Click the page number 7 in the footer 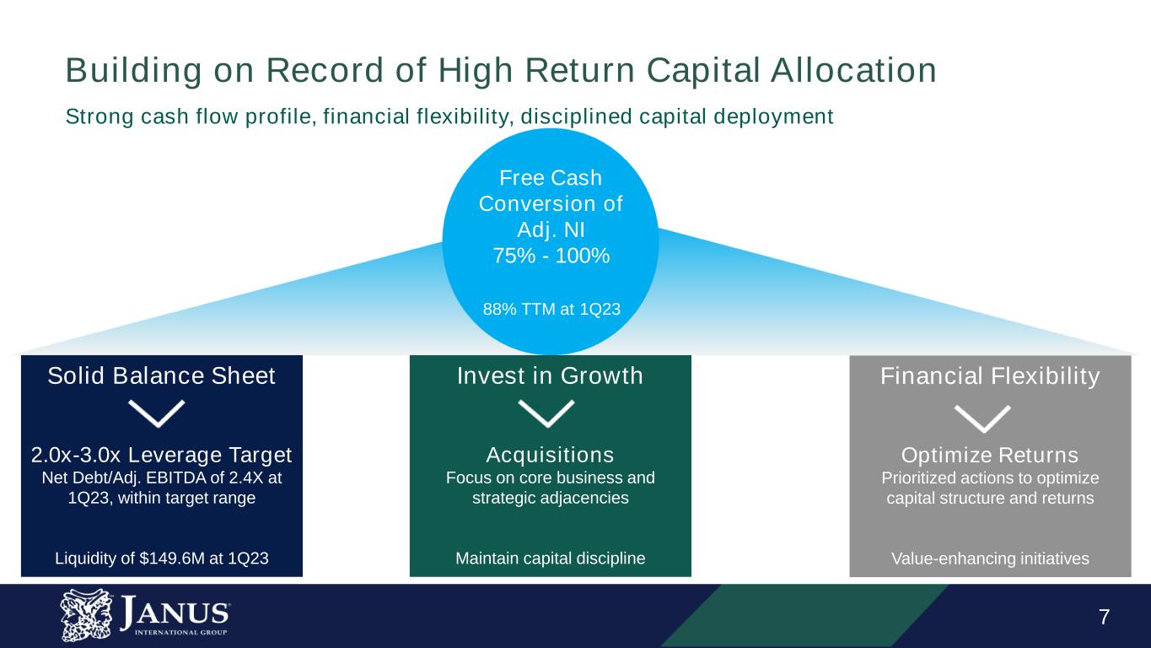(1104, 617)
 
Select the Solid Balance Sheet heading (161, 376)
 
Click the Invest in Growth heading (550, 376)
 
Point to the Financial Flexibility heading (990, 376)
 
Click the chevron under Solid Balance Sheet (156, 413)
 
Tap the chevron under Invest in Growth (546, 413)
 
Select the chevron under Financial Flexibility (982, 417)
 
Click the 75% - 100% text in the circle (551, 256)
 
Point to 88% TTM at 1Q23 (551, 310)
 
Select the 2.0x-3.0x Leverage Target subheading (161, 456)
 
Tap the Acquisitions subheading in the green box (550, 456)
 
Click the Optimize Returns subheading (990, 456)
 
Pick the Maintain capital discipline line (550, 559)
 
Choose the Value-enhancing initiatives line (990, 559)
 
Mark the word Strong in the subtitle (94, 117)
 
